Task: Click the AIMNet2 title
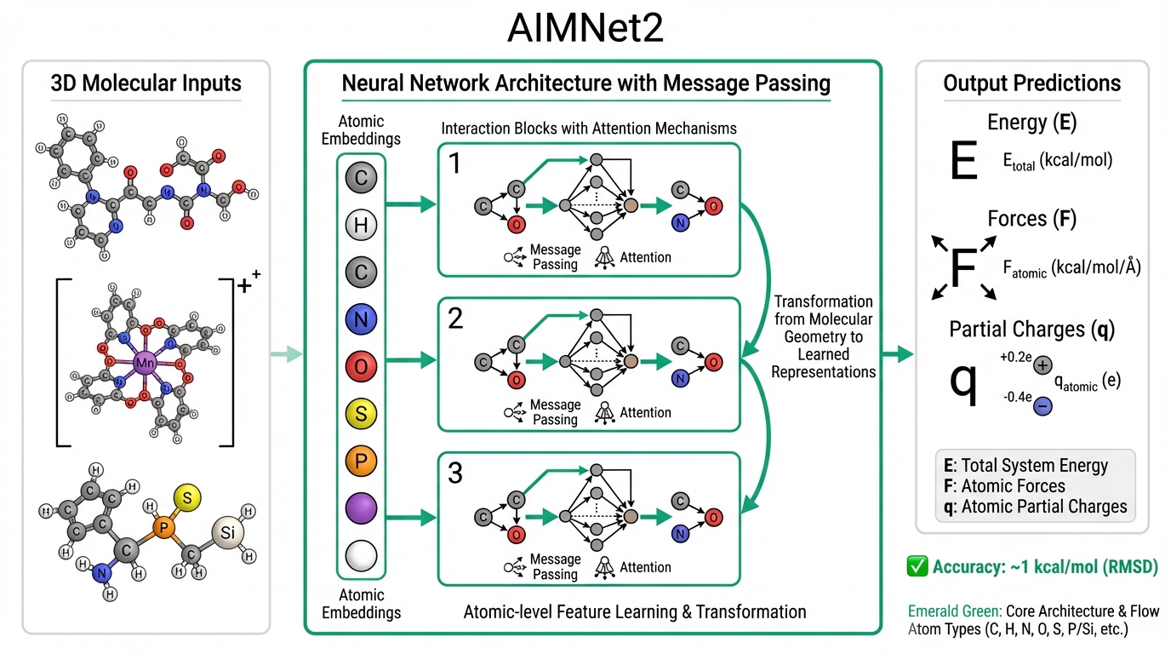(585, 28)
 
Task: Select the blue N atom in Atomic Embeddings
(361, 320)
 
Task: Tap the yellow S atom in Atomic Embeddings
(361, 415)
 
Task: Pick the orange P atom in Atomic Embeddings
(361, 462)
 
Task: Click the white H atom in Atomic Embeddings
(361, 226)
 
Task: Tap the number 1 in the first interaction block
(455, 163)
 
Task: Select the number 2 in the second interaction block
(455, 318)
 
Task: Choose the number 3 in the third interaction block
(455, 473)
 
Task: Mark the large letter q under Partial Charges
(963, 381)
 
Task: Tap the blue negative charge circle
(1042, 407)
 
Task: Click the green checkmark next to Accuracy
(917, 566)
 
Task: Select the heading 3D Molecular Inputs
(146, 83)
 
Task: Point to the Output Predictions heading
(1031, 83)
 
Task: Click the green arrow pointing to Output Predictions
(897, 353)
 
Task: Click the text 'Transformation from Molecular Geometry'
(823, 319)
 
